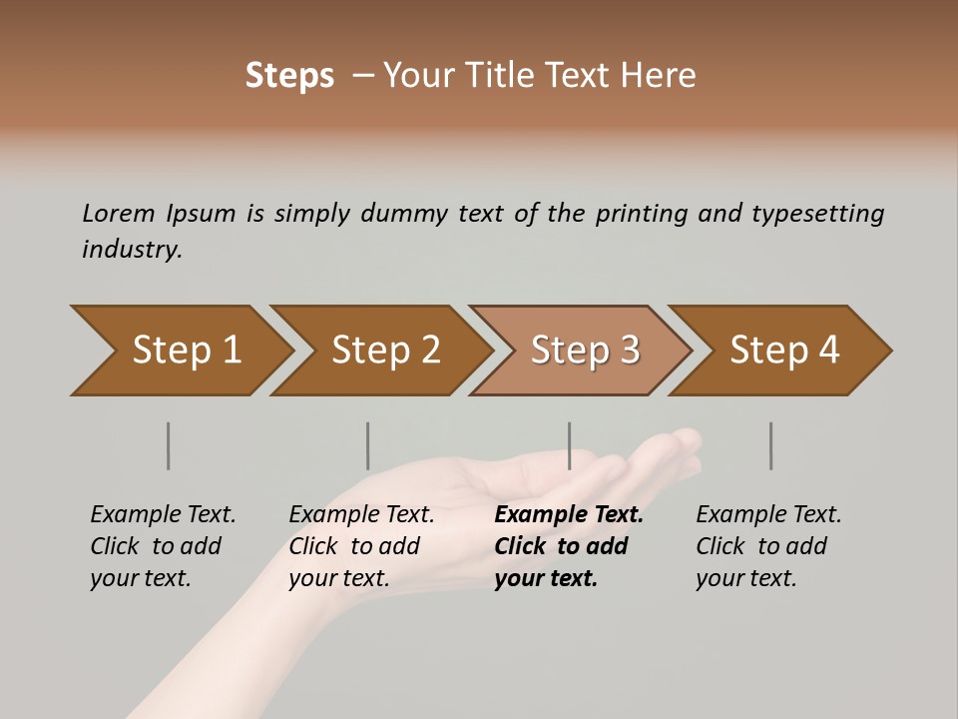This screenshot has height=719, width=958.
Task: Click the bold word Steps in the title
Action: pos(289,76)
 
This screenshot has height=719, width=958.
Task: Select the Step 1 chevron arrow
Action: pos(180,351)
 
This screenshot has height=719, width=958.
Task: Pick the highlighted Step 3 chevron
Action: pos(583,351)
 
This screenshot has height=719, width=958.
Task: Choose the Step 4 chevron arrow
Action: pos(782,351)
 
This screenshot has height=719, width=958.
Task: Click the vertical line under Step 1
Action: pos(168,445)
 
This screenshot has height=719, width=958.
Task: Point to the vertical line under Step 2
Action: pos(367,445)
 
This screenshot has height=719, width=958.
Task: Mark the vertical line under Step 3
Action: pos(569,445)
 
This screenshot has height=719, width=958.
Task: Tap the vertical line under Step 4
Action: pos(770,445)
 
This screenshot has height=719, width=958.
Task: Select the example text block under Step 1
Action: pos(163,546)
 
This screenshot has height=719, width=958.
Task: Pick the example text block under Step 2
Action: pos(361,546)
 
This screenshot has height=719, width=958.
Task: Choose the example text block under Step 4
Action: pos(768,546)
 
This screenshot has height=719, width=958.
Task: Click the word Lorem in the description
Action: pos(119,214)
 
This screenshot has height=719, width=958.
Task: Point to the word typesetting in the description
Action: pos(817,214)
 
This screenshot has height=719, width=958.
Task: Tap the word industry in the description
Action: pos(131,250)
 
